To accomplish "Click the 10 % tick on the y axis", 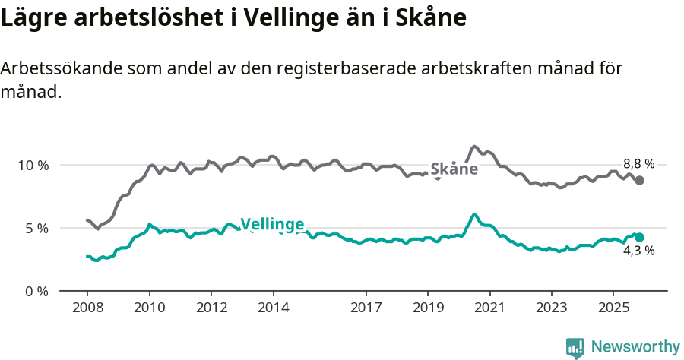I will [33, 165].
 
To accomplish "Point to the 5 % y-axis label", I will [36, 228].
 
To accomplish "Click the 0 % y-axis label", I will [36, 291].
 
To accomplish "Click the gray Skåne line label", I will [454, 169].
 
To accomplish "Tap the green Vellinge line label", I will [272, 224].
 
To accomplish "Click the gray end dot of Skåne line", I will [640, 180].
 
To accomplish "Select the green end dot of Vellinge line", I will [640, 237].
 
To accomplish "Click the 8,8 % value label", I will [638, 163].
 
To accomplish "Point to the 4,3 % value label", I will [638, 251].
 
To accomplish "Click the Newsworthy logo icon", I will [575, 347].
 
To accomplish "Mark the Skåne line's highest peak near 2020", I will [474, 147].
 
